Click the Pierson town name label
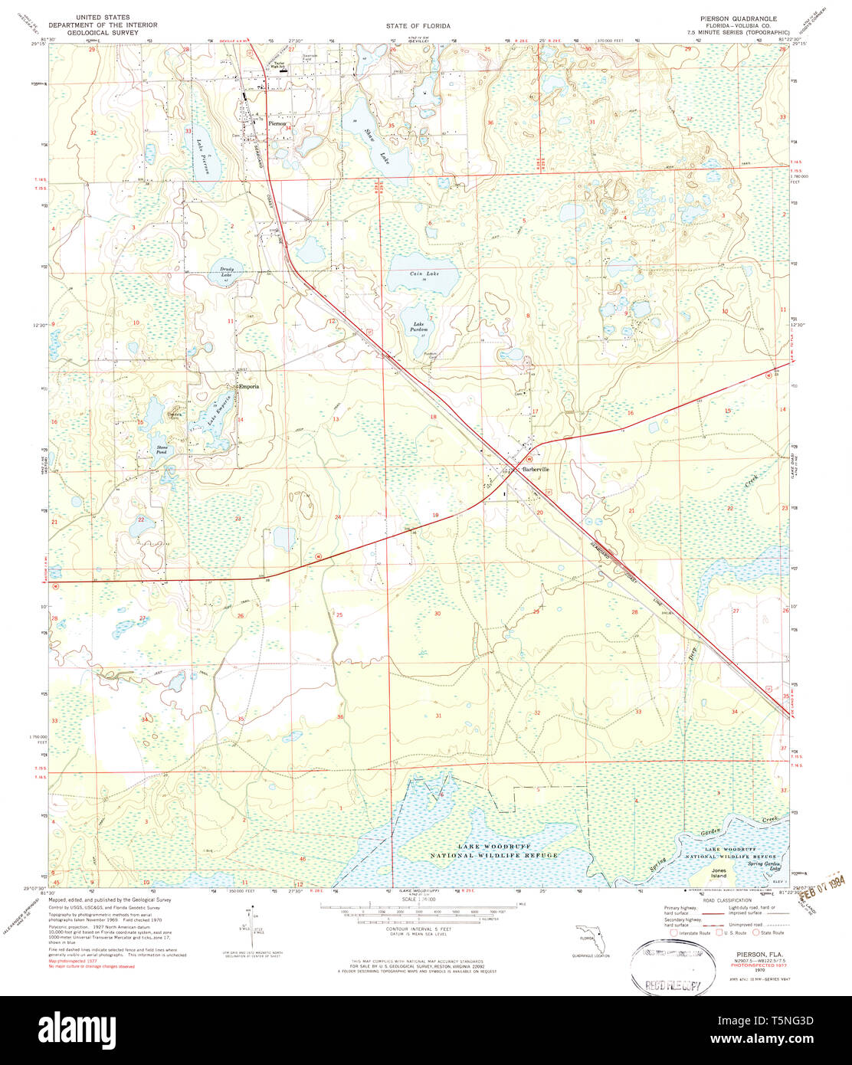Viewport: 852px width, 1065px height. [x=276, y=123]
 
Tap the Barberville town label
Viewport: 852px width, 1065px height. [x=536, y=469]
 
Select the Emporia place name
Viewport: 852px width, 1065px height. [x=249, y=386]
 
